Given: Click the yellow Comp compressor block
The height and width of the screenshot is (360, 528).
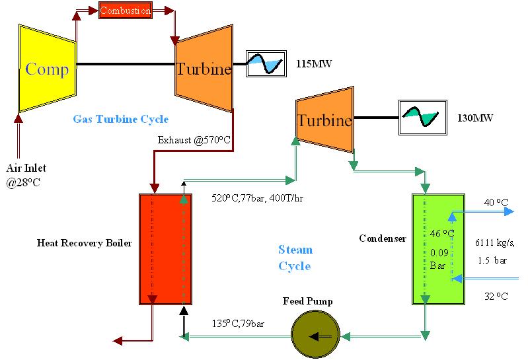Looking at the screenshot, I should tap(47, 69).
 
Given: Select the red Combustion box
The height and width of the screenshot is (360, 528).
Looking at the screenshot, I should tap(125, 11).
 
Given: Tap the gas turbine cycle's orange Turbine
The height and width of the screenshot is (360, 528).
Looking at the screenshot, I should tap(204, 68).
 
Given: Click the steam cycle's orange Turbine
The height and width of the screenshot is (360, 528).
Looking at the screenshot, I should tap(324, 120).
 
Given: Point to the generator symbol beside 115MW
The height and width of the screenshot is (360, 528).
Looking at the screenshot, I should tap(266, 63).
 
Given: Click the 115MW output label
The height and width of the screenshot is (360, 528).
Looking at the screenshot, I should tap(314, 64).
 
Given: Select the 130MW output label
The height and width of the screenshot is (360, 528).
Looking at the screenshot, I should tap(475, 118).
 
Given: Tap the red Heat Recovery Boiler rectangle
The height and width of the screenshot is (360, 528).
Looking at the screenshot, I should tap(165, 249).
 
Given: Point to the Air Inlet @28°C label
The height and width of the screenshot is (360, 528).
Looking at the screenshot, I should tap(26, 175).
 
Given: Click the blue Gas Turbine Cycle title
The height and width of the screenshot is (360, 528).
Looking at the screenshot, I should tap(120, 119).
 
